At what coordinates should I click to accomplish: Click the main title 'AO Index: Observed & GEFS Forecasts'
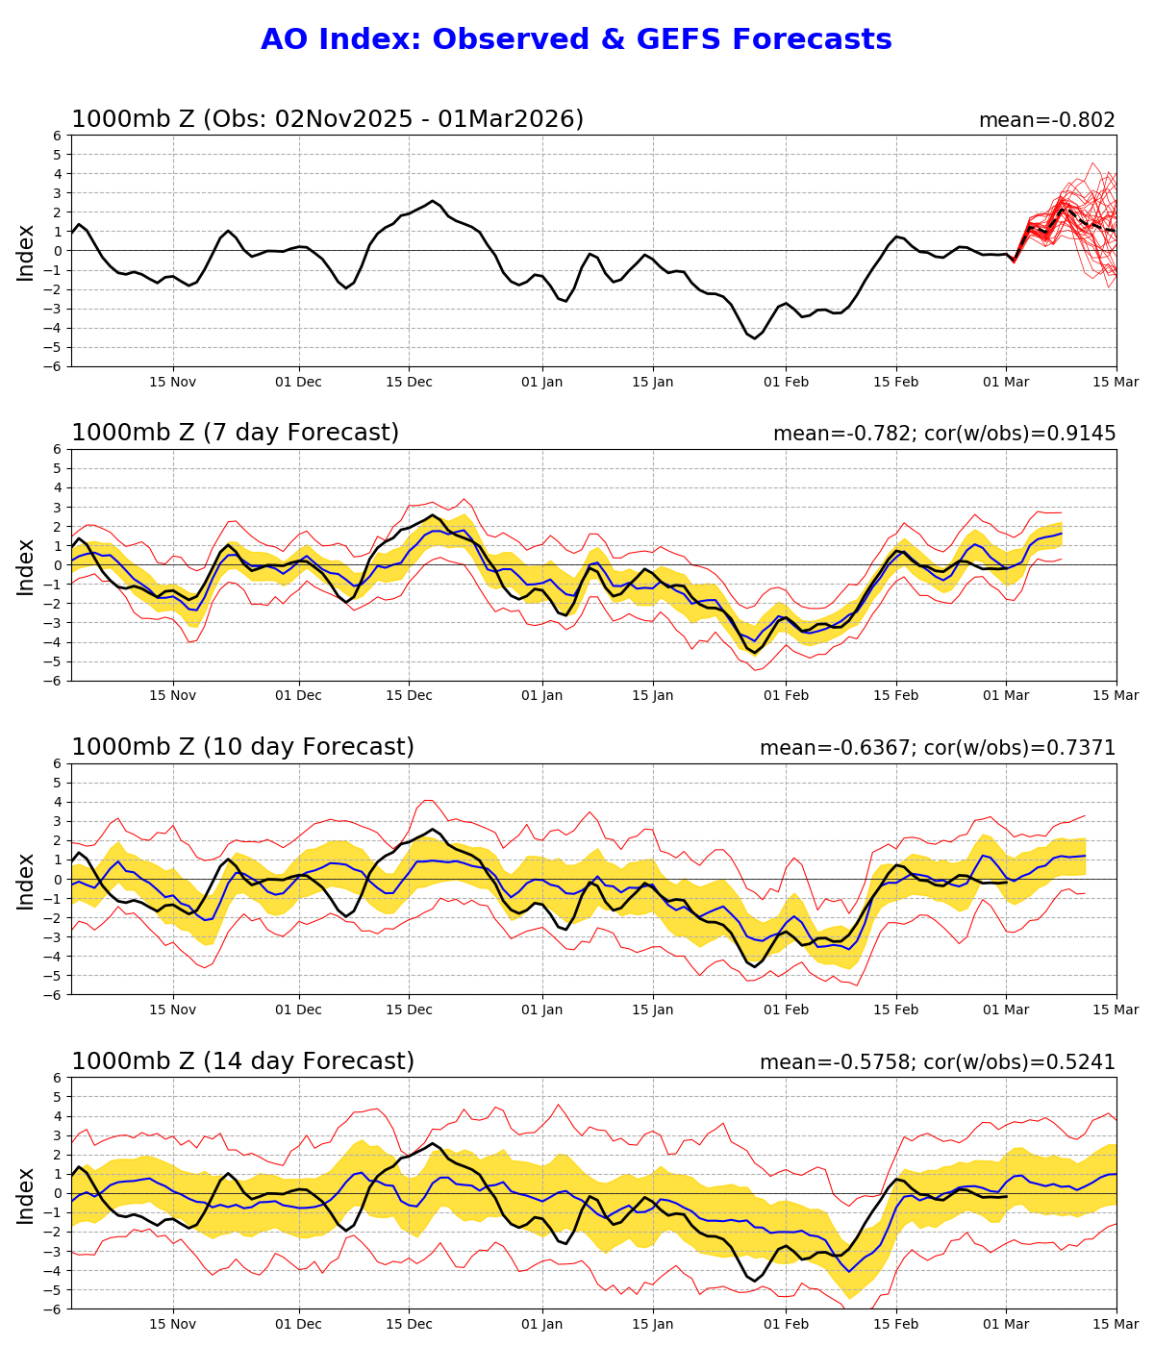point(576,39)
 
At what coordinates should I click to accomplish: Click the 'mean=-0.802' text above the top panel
point(1046,120)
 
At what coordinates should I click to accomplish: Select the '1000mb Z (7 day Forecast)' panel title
point(235,433)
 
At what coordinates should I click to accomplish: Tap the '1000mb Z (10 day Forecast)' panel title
point(242,747)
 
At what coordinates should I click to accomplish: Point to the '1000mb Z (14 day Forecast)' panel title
point(242,1061)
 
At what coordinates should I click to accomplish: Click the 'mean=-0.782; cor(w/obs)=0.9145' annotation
point(944,434)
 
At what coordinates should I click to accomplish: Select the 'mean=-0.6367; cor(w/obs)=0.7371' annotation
point(938,748)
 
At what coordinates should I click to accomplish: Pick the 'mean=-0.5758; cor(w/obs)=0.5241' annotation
point(938,1062)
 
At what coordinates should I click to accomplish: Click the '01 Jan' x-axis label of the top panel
point(541,382)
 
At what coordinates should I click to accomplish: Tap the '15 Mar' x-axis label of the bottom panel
point(1116,1324)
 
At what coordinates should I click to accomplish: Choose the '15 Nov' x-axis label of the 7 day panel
point(173,696)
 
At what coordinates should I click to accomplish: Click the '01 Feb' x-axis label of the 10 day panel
point(786,1009)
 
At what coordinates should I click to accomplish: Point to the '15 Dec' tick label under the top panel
point(409,382)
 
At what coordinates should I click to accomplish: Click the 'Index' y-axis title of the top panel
point(26,252)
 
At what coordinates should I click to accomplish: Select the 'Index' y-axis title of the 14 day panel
point(26,1194)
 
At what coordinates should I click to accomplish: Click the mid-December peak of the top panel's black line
point(433,201)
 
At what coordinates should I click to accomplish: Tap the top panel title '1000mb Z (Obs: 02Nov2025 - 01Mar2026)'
point(327,119)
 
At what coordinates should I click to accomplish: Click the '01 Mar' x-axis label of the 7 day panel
point(1006,696)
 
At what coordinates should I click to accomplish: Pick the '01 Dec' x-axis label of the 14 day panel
point(298,1324)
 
